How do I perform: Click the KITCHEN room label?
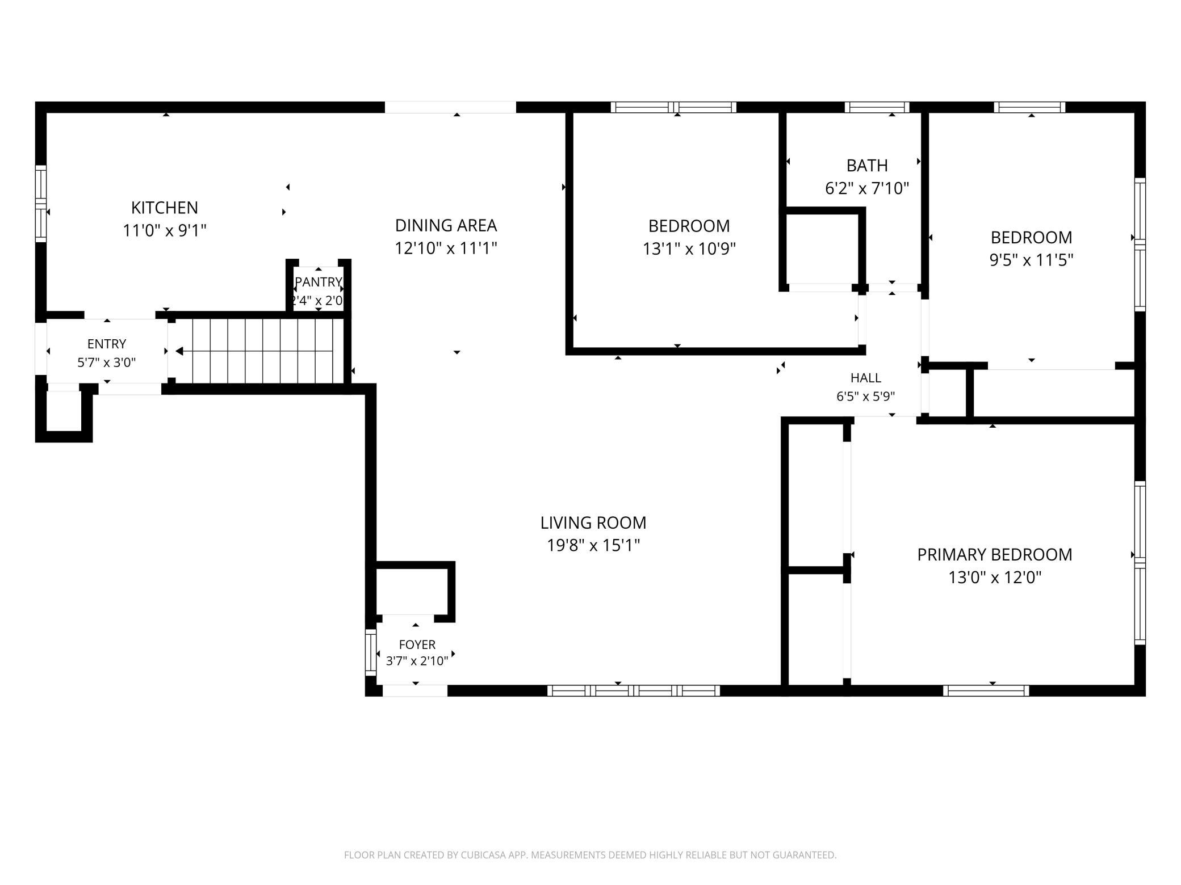coord(165,208)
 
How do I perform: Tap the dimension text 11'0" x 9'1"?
coord(165,230)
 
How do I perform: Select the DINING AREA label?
coord(446,225)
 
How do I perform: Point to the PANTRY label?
coord(318,282)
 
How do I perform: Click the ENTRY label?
coord(107,344)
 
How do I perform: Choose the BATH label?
coord(867,165)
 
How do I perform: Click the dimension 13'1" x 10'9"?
coord(689,248)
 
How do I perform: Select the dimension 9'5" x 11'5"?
coord(1031,260)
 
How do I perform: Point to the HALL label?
coord(866,378)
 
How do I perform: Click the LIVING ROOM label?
coord(593,522)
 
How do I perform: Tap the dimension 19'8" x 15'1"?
coord(593,545)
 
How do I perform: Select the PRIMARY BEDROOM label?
coord(995,554)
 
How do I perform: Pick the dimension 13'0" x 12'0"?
coord(995,578)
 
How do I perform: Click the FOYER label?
coord(417,644)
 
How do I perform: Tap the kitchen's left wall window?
coord(40,204)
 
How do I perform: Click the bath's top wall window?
coord(877,107)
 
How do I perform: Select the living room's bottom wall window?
coord(634,690)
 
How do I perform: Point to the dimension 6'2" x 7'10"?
coord(867,188)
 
